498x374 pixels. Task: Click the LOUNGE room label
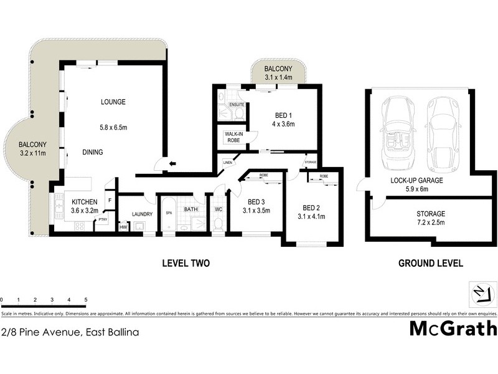(x=113, y=102)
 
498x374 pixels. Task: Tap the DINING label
(x=92, y=152)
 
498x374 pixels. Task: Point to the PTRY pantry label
(x=102, y=219)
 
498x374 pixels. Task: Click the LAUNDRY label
(x=142, y=214)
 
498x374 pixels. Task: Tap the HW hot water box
(x=123, y=227)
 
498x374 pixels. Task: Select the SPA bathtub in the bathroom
(x=168, y=213)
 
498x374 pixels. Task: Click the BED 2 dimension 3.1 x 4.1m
(x=313, y=217)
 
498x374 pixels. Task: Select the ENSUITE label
(x=237, y=105)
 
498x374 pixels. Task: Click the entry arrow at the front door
(x=172, y=165)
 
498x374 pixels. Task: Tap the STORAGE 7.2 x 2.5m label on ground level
(x=431, y=218)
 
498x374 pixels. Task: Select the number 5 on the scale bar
(x=85, y=300)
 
